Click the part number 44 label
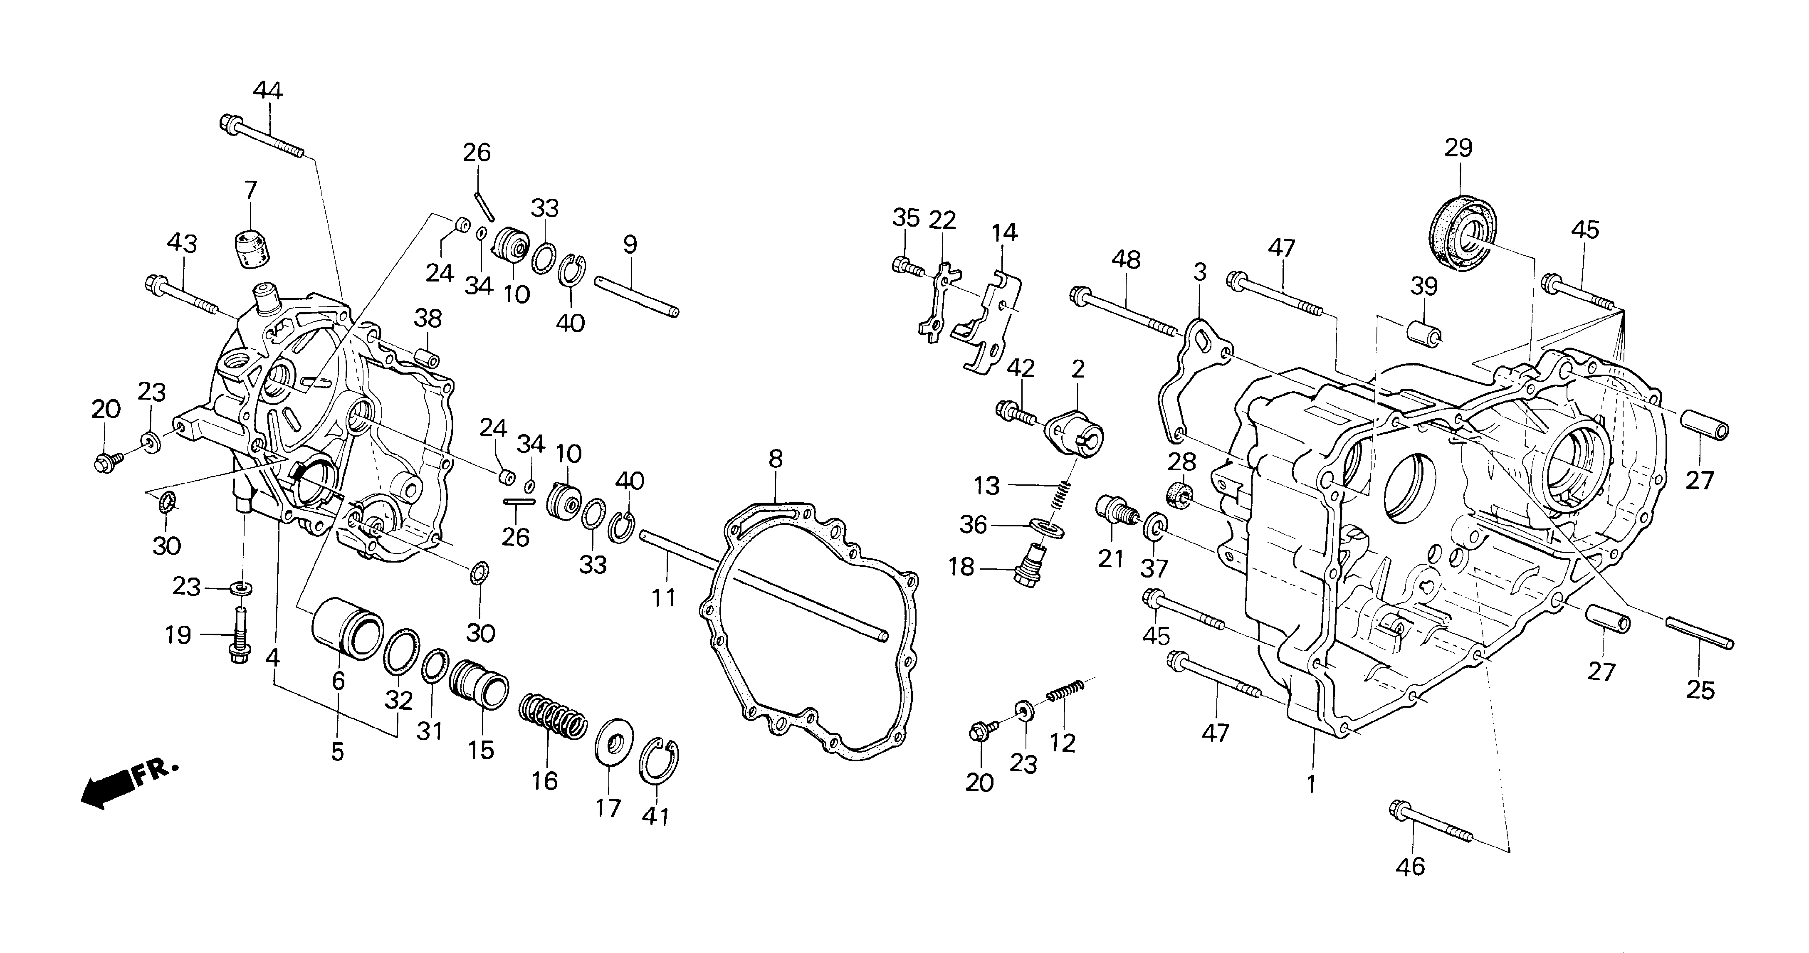pyautogui.click(x=267, y=91)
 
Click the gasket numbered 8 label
pyautogui.click(x=775, y=459)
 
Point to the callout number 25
pyautogui.click(x=1700, y=690)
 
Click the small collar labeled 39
pyautogui.click(x=1423, y=331)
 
